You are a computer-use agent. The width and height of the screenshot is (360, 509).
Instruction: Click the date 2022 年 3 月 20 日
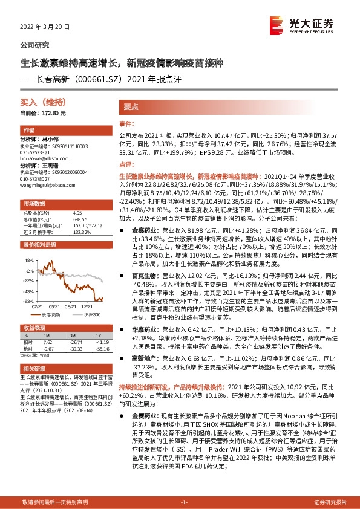pos(45,28)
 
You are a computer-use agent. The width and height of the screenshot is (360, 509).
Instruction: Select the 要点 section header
pos(131,106)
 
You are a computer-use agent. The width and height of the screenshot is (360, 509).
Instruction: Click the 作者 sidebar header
pos(28,131)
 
